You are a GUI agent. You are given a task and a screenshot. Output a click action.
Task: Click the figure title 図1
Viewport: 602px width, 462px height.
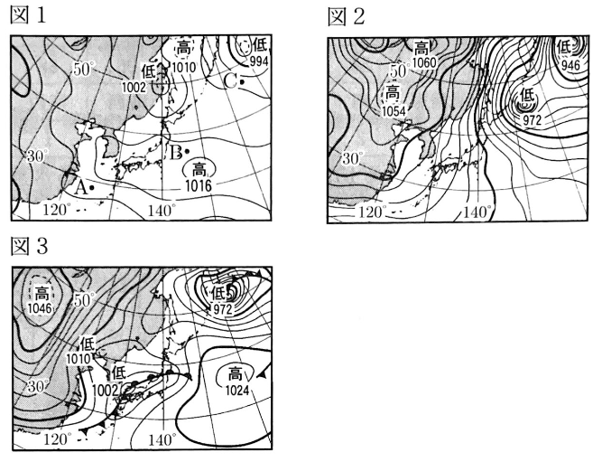pyautogui.click(x=28, y=15)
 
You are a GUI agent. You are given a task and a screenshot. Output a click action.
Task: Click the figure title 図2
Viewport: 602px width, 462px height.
pyautogui.click(x=346, y=17)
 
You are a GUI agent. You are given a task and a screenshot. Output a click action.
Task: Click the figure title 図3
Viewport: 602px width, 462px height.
pyautogui.click(x=29, y=246)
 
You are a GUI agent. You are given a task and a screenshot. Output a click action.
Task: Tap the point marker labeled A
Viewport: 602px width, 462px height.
pyautogui.click(x=92, y=188)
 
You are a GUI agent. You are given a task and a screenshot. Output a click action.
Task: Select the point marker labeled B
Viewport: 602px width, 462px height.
pyautogui.click(x=187, y=152)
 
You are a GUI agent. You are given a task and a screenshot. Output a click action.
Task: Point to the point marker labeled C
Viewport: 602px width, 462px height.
pyautogui.click(x=242, y=82)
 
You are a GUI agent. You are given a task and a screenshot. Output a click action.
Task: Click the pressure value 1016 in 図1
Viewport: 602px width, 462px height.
pyautogui.click(x=198, y=186)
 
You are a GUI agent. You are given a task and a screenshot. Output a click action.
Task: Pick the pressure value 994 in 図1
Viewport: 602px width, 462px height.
pyautogui.click(x=259, y=61)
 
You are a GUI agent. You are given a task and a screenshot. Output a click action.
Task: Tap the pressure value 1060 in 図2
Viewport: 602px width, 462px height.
pyautogui.click(x=424, y=62)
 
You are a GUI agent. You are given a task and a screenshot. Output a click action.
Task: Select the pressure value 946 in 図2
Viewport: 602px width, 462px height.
pyautogui.click(x=570, y=64)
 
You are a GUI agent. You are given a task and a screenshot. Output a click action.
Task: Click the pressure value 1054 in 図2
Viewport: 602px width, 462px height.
pyautogui.click(x=394, y=111)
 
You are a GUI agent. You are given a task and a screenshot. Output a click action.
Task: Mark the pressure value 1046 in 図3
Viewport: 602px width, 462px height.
pyautogui.click(x=40, y=308)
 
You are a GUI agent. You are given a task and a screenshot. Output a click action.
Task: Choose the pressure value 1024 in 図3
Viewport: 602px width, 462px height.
pyautogui.click(x=237, y=391)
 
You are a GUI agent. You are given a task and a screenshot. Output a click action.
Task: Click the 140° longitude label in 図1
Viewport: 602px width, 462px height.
pyautogui.click(x=162, y=211)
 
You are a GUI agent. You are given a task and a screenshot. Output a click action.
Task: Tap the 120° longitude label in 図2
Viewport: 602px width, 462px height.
pyautogui.click(x=372, y=212)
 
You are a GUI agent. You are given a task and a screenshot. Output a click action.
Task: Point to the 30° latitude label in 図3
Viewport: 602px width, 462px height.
pyautogui.click(x=38, y=386)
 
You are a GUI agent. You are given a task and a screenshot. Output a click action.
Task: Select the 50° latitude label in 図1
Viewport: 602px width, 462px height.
pyautogui.click(x=83, y=70)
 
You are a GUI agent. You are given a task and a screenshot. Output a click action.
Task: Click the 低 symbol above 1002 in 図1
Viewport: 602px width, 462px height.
pyautogui.click(x=149, y=72)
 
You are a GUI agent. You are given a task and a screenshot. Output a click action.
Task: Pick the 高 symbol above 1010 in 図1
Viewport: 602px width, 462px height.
pyautogui.click(x=183, y=49)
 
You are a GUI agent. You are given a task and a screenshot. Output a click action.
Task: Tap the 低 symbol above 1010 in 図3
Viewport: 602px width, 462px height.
pyautogui.click(x=88, y=344)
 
